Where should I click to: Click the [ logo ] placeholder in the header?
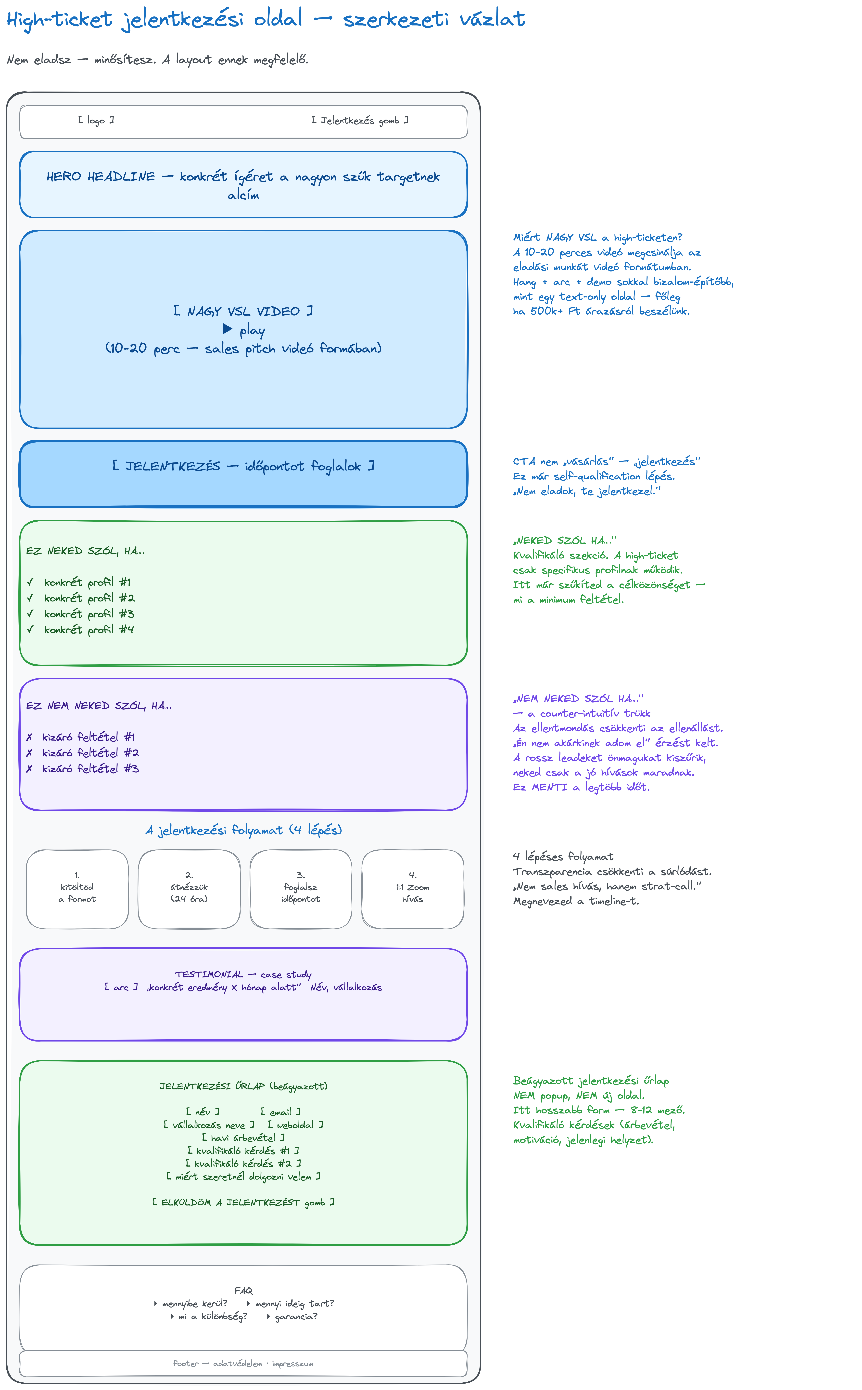(96, 120)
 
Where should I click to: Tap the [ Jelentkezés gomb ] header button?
(360, 120)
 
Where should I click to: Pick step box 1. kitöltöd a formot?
(77, 889)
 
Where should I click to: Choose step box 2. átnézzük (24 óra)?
(189, 889)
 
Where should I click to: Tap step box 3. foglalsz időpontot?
(300, 889)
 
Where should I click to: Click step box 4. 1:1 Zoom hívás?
(413, 889)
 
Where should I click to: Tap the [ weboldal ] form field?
(295, 1125)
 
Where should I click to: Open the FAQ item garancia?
(292, 1316)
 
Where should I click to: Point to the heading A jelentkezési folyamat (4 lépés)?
(243, 830)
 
